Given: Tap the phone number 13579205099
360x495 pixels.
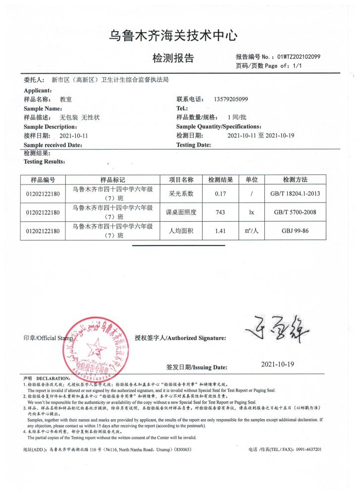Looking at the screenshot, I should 231,99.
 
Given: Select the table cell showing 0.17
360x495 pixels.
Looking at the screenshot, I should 217,194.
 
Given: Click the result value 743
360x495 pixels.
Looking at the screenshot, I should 217,212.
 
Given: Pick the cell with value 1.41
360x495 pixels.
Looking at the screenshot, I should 217,231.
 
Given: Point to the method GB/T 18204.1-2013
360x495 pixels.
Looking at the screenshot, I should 295,194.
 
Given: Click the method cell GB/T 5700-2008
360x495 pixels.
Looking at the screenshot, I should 295,212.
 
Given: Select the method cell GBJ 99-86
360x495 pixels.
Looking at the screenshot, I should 295,231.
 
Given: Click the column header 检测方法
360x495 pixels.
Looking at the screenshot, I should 295,179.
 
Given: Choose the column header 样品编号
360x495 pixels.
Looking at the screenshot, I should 43,179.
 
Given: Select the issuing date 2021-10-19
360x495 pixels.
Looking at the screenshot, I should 277,364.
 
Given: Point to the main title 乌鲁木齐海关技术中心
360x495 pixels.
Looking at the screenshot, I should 180,36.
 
